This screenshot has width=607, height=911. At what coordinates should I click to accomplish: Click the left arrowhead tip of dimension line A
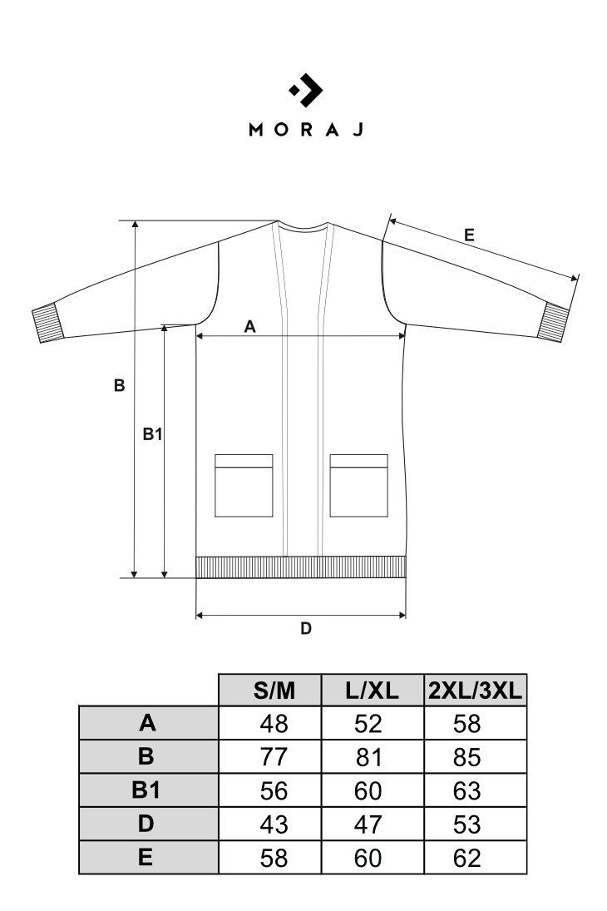click(x=196, y=336)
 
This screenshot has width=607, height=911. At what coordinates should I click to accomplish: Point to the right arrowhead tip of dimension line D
click(x=406, y=616)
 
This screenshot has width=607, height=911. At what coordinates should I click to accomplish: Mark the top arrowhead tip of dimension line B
click(x=135, y=220)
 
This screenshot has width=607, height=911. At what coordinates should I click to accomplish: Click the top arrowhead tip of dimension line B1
click(x=165, y=324)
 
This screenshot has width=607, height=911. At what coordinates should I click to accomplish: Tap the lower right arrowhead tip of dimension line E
click(x=579, y=275)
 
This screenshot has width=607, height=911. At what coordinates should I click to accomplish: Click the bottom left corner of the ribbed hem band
click(x=195, y=577)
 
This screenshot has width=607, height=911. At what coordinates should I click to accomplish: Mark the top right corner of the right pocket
click(x=388, y=455)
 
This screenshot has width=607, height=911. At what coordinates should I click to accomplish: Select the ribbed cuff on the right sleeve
click(x=554, y=322)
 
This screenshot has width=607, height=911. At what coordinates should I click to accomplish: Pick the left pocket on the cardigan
click(x=244, y=486)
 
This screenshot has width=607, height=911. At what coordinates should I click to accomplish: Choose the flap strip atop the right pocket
click(x=359, y=461)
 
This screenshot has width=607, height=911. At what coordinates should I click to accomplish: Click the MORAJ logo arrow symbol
click(x=306, y=91)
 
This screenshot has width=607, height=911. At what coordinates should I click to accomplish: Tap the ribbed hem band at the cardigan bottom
click(x=301, y=567)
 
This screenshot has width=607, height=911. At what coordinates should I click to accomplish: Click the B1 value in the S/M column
click(x=274, y=790)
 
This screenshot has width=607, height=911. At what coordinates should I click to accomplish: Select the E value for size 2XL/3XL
click(x=467, y=858)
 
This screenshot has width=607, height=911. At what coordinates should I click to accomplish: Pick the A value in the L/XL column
click(x=368, y=724)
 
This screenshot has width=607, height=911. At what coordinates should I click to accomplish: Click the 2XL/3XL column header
click(x=475, y=691)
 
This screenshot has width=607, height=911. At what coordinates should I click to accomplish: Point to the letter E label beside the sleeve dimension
click(x=469, y=235)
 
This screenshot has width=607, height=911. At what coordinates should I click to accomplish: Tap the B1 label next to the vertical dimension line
click(x=153, y=434)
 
